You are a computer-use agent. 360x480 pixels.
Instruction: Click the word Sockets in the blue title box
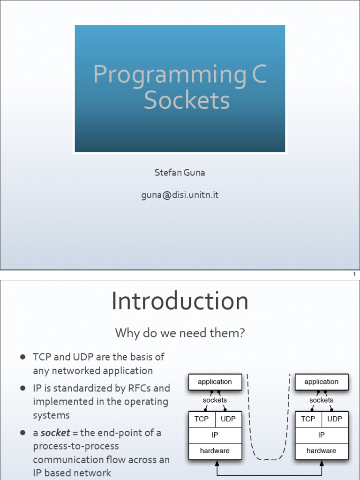point(187,100)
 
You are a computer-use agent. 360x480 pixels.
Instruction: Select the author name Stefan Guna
point(180,172)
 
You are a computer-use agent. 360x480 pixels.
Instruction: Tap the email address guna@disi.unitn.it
point(180,195)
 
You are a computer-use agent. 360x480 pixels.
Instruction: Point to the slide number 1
point(354,274)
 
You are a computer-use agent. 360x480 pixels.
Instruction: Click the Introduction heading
point(180,301)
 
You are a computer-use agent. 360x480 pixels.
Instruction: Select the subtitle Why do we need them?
point(180,333)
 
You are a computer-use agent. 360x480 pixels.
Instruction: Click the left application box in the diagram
point(215,382)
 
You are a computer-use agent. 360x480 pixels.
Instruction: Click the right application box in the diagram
point(321,382)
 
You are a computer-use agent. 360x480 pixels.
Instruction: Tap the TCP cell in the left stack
point(202,419)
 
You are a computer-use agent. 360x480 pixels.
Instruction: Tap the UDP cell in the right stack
point(335,419)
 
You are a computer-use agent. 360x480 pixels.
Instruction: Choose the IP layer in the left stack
point(215,435)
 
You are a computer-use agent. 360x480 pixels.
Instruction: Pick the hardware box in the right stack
point(321,451)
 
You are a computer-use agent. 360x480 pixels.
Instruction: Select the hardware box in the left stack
point(215,451)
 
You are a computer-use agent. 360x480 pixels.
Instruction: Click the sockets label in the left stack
point(215,400)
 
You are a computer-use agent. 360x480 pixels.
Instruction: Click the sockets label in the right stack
point(321,400)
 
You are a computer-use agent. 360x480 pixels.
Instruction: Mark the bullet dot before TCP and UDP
point(22,357)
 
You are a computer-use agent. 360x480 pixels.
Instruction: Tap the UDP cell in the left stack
point(228,419)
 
